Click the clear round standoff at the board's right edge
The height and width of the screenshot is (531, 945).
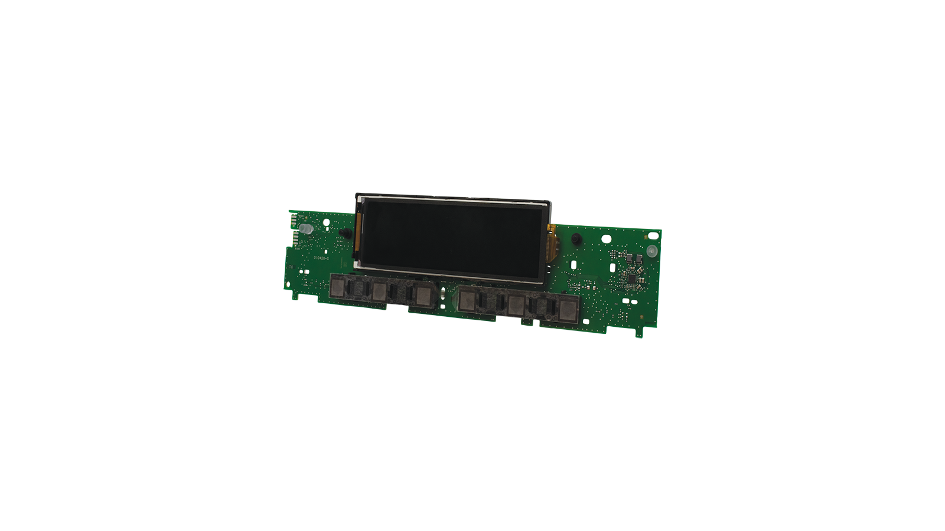(651, 252)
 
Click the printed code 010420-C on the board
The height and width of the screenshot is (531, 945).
(322, 258)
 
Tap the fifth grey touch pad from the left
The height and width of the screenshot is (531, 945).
(516, 304)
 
